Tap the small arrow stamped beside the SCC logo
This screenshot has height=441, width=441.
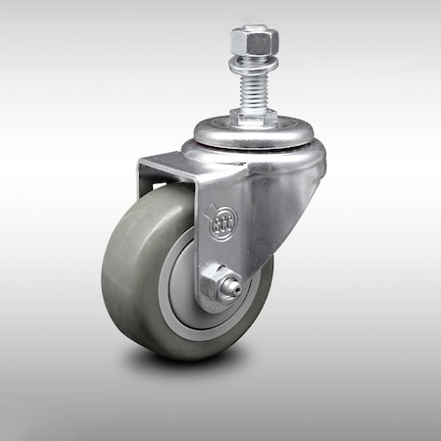point(208,205)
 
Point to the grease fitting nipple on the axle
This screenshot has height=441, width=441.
point(235,290)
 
